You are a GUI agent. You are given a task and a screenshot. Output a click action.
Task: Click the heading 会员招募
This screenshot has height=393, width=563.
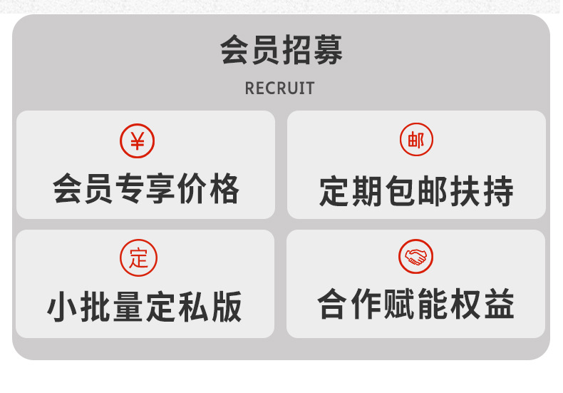tap(281, 51)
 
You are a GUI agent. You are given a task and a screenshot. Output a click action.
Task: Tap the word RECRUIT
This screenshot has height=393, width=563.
tap(279, 88)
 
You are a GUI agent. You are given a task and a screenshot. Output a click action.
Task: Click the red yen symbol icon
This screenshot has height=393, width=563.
tap(138, 141)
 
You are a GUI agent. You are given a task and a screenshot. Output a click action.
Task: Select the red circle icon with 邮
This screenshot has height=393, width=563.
tap(415, 141)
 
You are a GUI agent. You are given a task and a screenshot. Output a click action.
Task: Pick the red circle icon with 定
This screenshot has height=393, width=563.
tap(138, 257)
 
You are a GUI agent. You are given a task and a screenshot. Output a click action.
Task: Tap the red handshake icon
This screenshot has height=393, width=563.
tap(415, 257)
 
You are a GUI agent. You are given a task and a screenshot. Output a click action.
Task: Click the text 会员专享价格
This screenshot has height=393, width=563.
tap(146, 189)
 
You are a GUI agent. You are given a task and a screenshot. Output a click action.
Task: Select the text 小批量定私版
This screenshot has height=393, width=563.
tap(145, 307)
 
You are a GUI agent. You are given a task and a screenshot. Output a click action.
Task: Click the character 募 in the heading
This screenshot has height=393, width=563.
tap(328, 51)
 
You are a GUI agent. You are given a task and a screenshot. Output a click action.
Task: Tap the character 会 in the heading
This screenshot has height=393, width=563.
tap(234, 51)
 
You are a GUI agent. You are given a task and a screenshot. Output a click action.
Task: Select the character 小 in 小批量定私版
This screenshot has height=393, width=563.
tap(63, 307)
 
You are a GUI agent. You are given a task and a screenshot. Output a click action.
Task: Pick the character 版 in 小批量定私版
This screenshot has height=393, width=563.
tap(226, 307)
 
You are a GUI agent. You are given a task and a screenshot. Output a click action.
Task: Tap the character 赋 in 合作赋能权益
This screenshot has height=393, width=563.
tap(399, 305)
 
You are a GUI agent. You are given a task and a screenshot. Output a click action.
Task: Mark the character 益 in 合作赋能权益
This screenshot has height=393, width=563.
tap(497, 305)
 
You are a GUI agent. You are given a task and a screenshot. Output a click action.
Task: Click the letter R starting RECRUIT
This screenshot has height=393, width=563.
tap(249, 88)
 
